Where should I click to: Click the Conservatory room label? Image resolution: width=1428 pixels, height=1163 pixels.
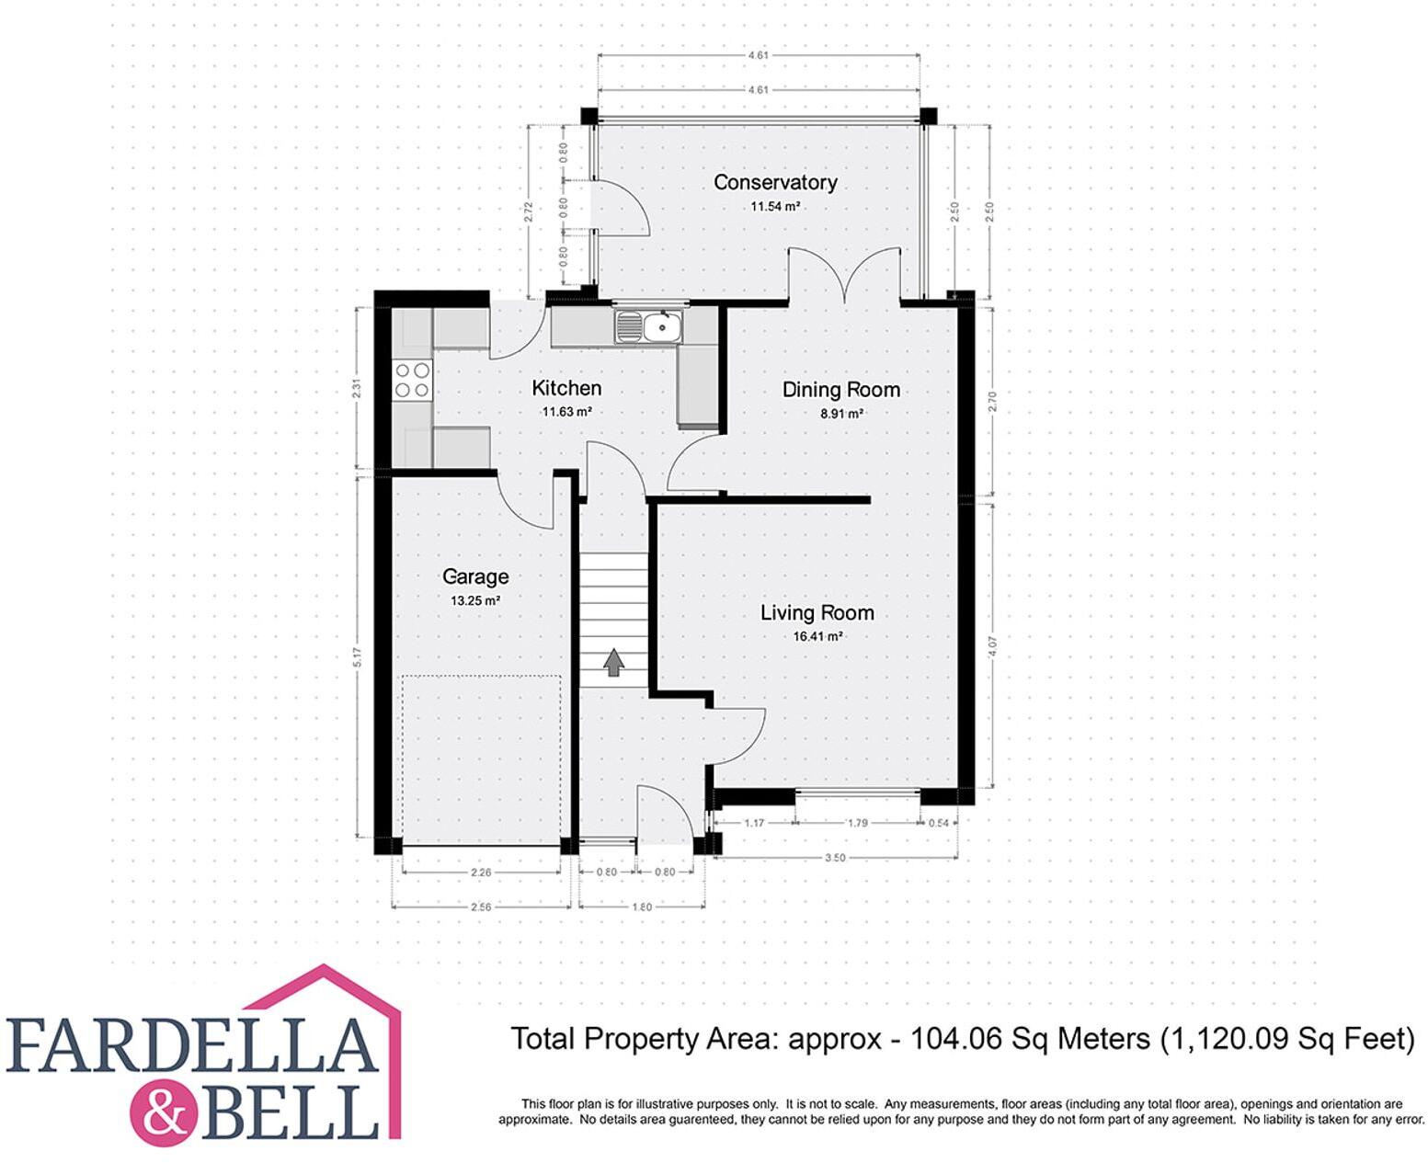click(x=775, y=182)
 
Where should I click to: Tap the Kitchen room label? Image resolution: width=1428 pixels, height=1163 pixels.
click(x=566, y=388)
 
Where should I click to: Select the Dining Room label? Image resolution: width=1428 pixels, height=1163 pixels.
click(x=840, y=390)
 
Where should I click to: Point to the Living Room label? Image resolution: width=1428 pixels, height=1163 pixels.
click(x=817, y=613)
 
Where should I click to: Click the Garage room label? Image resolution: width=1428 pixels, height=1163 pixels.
click(x=475, y=576)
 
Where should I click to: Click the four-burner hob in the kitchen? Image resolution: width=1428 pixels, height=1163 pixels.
click(x=413, y=380)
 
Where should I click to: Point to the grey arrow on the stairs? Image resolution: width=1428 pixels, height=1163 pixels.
click(x=613, y=662)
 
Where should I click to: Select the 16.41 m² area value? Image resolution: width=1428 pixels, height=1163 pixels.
click(x=817, y=636)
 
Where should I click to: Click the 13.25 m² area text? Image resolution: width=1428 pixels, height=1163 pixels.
click(x=474, y=600)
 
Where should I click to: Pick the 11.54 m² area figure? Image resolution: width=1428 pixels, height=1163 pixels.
click(x=774, y=206)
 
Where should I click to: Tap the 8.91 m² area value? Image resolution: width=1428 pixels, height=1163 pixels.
click(x=840, y=414)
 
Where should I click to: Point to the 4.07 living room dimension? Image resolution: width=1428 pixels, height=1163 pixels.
click(x=991, y=646)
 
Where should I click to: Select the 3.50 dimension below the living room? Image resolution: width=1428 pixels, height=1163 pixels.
click(x=835, y=858)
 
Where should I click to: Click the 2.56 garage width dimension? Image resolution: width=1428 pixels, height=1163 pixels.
click(x=481, y=906)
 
